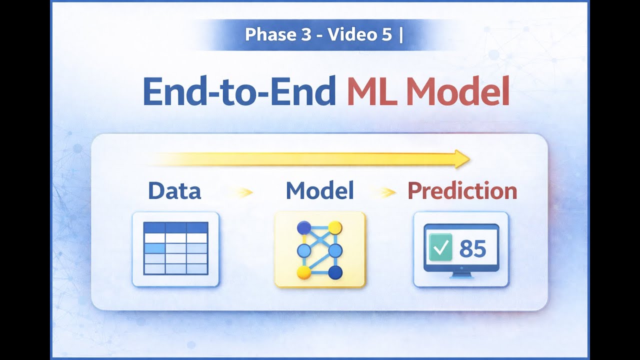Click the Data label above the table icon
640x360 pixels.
174,191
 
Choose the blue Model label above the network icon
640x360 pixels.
319,191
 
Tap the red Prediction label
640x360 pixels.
462,191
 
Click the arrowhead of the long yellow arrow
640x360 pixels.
462,159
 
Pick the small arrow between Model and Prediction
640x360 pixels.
386,192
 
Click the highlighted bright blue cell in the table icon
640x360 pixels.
154,248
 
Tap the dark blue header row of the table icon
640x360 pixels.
175,227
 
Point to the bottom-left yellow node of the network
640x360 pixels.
304,272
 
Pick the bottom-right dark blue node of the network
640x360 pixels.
335,272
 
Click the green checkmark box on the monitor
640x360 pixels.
440,247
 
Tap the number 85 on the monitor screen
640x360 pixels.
472,248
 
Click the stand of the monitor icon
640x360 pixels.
461,274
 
